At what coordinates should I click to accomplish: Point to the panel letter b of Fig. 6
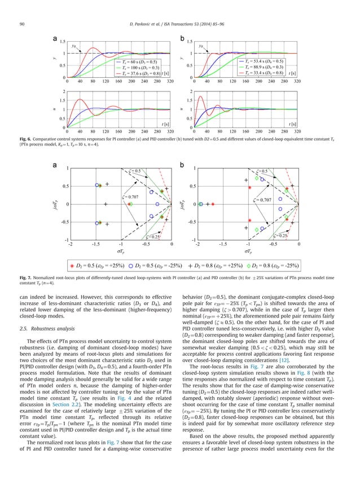[x=182, y=38]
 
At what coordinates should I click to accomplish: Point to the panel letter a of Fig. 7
[x=55, y=165]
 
